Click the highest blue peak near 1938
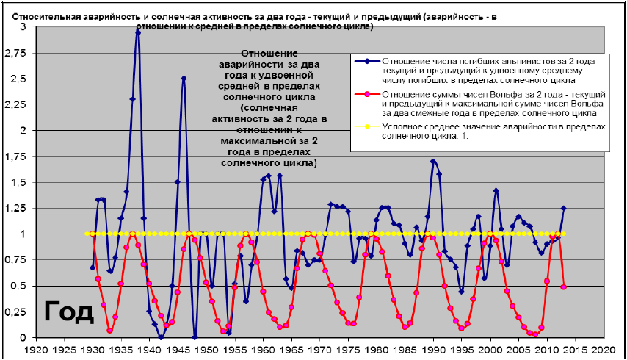click(x=138, y=32)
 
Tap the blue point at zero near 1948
click(x=195, y=337)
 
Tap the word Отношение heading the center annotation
click(x=269, y=54)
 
